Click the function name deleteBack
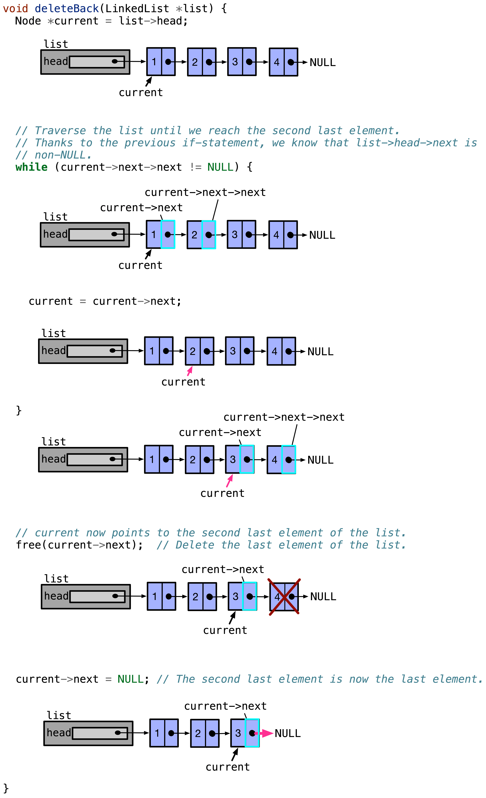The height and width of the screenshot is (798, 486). (x=66, y=8)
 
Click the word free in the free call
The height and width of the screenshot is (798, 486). (x=28, y=545)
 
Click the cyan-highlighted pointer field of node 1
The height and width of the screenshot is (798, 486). (x=168, y=234)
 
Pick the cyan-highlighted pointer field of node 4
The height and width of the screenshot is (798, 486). (x=289, y=460)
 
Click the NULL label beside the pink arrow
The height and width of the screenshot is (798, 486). (x=288, y=733)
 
